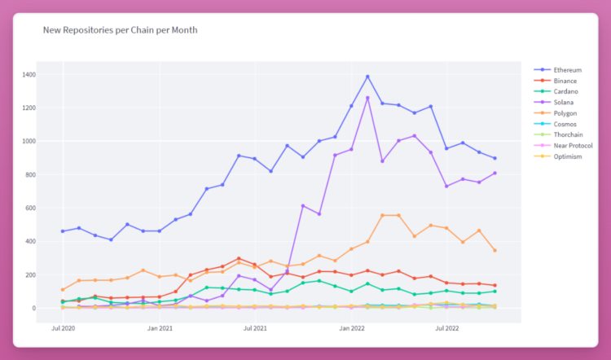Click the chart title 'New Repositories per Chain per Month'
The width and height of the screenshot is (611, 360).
click(x=120, y=30)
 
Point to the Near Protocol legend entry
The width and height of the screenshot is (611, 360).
click(x=569, y=145)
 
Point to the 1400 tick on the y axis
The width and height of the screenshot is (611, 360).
click(x=29, y=75)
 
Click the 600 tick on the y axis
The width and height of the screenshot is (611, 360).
click(x=31, y=209)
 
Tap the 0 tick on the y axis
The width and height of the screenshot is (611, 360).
click(x=35, y=309)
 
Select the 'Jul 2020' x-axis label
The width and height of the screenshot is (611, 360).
click(x=63, y=327)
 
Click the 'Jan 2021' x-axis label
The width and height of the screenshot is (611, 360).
click(x=159, y=327)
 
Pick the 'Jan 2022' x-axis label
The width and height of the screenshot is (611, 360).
click(x=351, y=327)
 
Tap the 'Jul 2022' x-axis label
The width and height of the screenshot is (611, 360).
click(x=446, y=327)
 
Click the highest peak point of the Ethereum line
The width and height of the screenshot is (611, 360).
click(x=367, y=77)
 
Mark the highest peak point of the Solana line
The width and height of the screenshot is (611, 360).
click(x=367, y=98)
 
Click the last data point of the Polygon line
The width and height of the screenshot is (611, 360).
click(x=495, y=250)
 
